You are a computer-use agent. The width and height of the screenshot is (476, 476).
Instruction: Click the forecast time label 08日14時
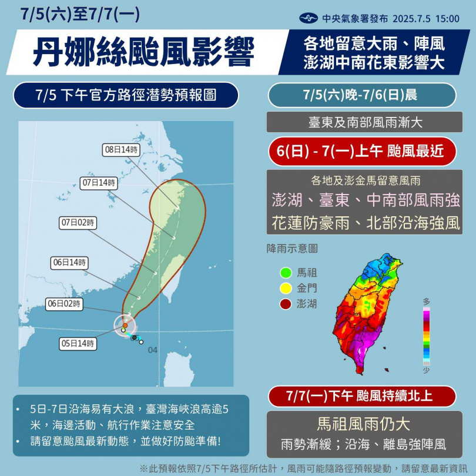click(x=122, y=150)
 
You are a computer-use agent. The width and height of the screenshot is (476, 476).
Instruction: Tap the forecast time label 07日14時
click(x=98, y=183)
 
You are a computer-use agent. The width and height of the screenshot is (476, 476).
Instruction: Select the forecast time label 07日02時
click(x=78, y=223)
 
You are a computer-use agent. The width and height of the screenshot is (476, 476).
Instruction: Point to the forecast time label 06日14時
click(x=69, y=263)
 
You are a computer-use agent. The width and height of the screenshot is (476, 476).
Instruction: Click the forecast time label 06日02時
click(x=64, y=304)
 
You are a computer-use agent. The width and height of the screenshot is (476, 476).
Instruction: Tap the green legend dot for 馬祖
click(x=286, y=273)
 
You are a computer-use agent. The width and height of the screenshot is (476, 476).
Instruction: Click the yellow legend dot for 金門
click(x=286, y=289)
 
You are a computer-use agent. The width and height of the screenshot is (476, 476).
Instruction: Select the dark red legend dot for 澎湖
click(x=286, y=304)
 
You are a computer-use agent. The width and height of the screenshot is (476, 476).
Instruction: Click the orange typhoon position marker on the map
click(x=125, y=324)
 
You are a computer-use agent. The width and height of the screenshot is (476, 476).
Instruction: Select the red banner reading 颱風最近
click(x=361, y=152)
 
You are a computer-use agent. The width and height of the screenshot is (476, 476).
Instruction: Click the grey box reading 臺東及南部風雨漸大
click(x=361, y=123)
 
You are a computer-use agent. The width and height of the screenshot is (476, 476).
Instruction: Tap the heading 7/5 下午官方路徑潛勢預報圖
click(x=125, y=95)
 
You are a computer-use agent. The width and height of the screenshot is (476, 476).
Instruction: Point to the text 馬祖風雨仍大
click(x=361, y=423)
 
